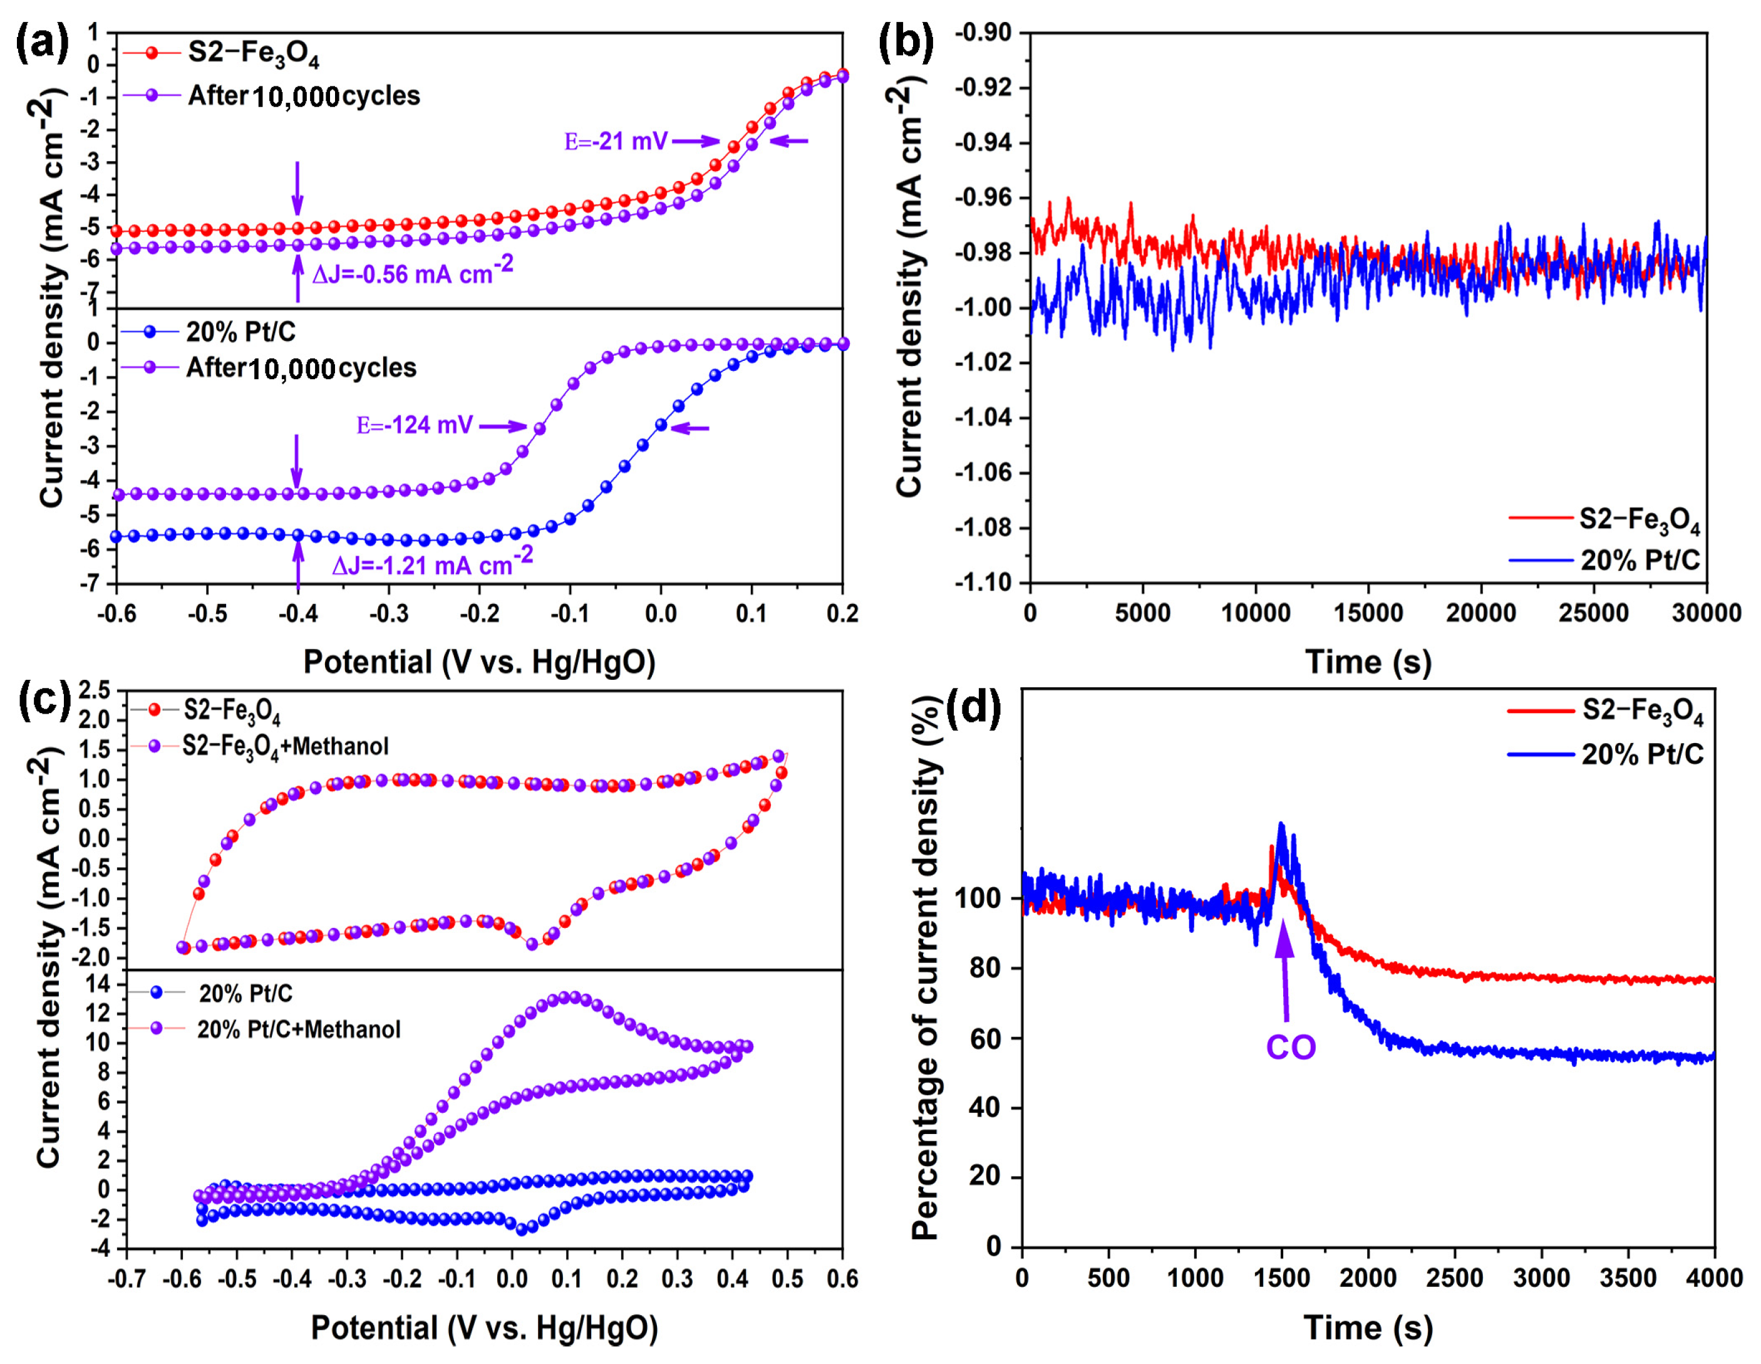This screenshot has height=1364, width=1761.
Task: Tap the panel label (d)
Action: tap(973, 708)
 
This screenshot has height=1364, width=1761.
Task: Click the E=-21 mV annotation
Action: tap(616, 142)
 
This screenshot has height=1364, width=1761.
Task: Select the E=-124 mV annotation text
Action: tap(415, 425)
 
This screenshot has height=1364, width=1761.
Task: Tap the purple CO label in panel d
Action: tap(1290, 1047)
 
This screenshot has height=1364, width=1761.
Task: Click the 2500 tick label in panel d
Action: tap(1455, 1279)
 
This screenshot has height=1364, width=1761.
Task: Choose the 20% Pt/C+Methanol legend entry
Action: tap(298, 1029)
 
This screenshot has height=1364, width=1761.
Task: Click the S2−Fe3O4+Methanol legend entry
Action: tap(286, 746)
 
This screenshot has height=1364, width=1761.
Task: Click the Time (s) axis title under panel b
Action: tap(1368, 662)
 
